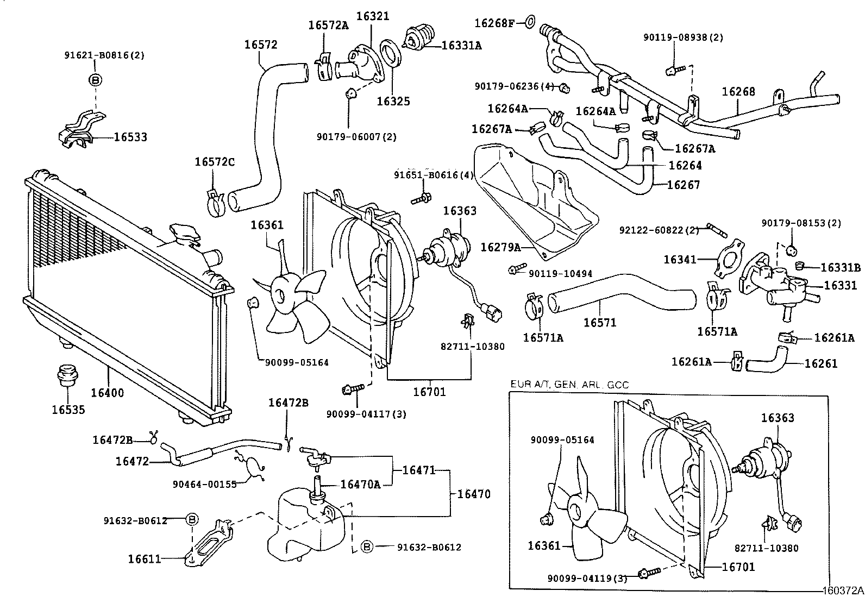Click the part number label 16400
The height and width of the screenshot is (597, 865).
click(108, 393)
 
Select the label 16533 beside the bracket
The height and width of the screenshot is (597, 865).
click(130, 137)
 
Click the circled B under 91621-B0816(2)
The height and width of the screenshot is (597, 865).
click(95, 80)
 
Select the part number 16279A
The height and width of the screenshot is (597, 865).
click(500, 248)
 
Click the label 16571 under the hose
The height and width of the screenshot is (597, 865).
click(600, 323)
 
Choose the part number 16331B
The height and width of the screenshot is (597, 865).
click(840, 267)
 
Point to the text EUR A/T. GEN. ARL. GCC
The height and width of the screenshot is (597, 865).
click(569, 385)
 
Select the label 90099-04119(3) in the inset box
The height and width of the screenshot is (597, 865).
click(587, 579)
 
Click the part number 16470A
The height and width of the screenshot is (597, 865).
click(360, 484)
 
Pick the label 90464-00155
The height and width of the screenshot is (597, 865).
click(205, 484)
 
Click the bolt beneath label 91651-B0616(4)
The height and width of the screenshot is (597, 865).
click(421, 199)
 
